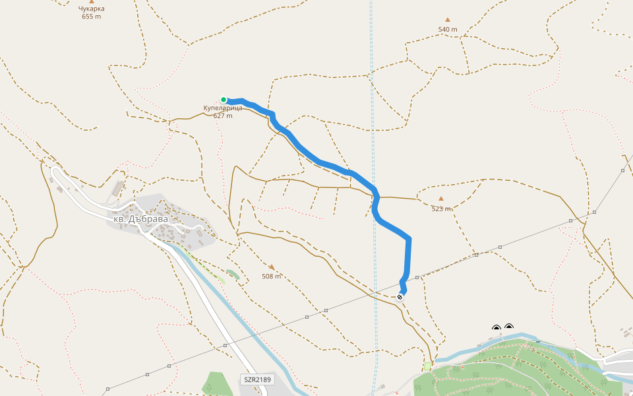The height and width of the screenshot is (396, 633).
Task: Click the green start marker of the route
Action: coord(224,100)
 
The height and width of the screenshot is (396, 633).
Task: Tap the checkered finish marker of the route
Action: coord(400,297)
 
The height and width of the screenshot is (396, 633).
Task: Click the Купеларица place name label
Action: coord(223,108)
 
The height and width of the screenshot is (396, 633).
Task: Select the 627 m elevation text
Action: coord(223,116)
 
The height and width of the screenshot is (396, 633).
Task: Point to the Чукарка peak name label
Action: coord(92,9)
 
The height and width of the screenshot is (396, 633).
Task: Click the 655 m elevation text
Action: coord(92,16)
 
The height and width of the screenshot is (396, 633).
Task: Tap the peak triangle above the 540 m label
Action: coord(448,20)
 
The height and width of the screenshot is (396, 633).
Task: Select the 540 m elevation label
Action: coord(448,30)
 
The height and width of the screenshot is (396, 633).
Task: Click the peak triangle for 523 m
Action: coord(441,198)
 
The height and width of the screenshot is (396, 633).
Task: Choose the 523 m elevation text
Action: coord(441,209)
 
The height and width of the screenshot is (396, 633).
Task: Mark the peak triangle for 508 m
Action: coord(271,267)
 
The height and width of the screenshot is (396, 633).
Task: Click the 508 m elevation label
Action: coord(271,277)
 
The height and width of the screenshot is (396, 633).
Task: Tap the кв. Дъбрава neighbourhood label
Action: coord(140,218)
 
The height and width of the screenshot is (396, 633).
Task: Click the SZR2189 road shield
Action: coord(257,379)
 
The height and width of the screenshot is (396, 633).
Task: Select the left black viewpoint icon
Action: coord(497,328)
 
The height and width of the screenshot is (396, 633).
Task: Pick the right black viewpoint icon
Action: coord(509,327)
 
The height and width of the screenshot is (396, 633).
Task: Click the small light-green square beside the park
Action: coord(427,366)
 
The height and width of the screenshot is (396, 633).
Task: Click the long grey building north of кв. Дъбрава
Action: coord(117,189)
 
